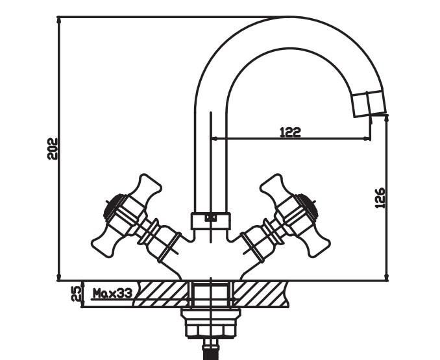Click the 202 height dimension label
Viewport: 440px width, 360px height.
coord(52,149)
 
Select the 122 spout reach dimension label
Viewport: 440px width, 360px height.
coord(291,132)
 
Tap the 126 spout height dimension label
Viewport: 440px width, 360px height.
coord(380,198)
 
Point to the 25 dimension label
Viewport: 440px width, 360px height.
coord(76,294)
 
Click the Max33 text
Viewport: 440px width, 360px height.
coord(112,293)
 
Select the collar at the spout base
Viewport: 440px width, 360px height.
coord(211,221)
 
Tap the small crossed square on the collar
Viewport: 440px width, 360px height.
coord(211,217)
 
